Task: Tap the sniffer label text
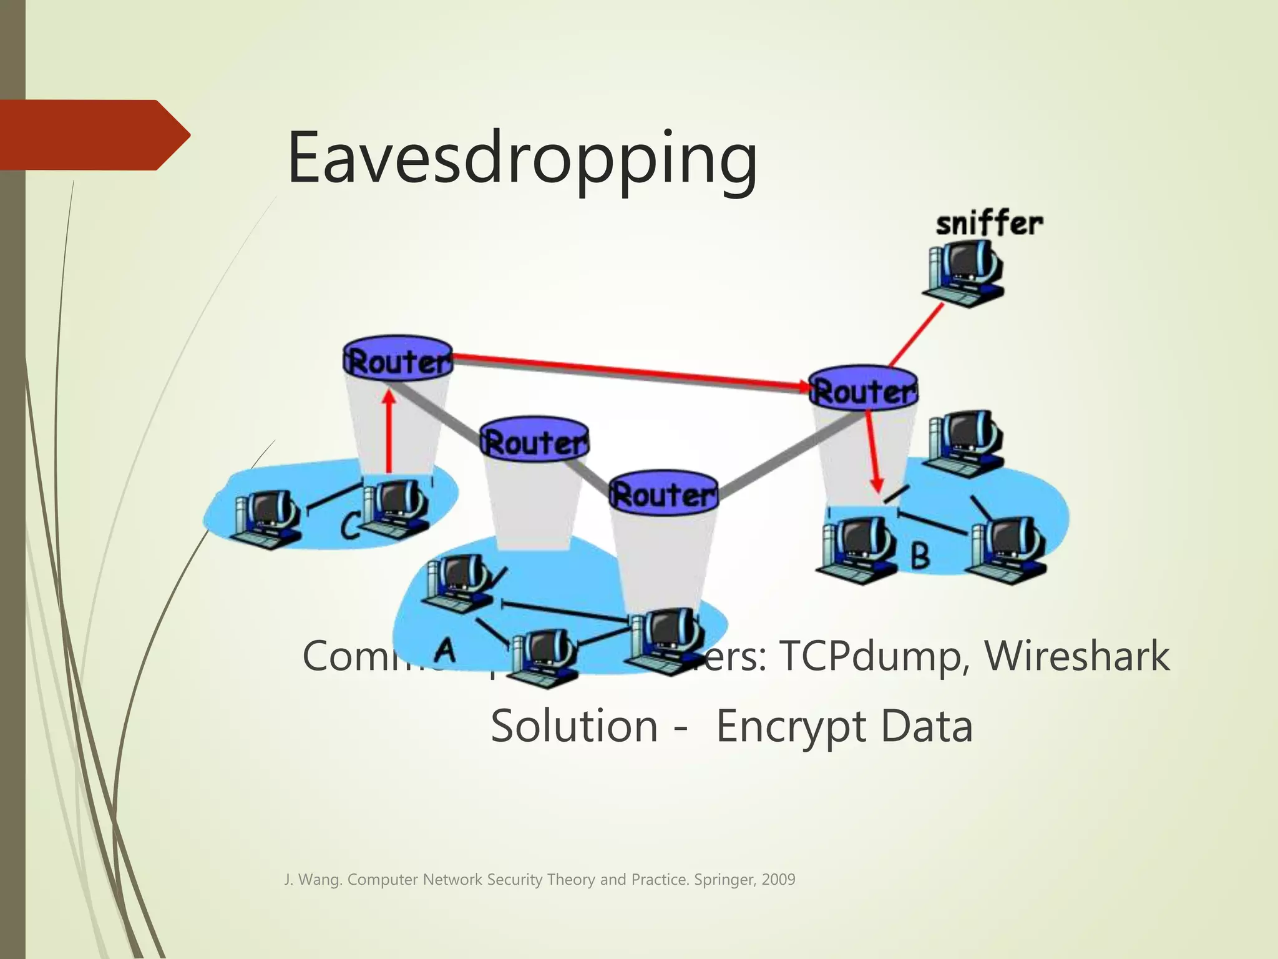point(989,224)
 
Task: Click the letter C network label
point(349,524)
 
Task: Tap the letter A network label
point(445,649)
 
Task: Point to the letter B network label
point(920,554)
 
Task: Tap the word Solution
point(574,727)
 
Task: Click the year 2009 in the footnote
point(778,880)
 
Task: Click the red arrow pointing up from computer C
point(389,431)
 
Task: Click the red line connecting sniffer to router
point(915,335)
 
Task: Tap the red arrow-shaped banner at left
point(94,134)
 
